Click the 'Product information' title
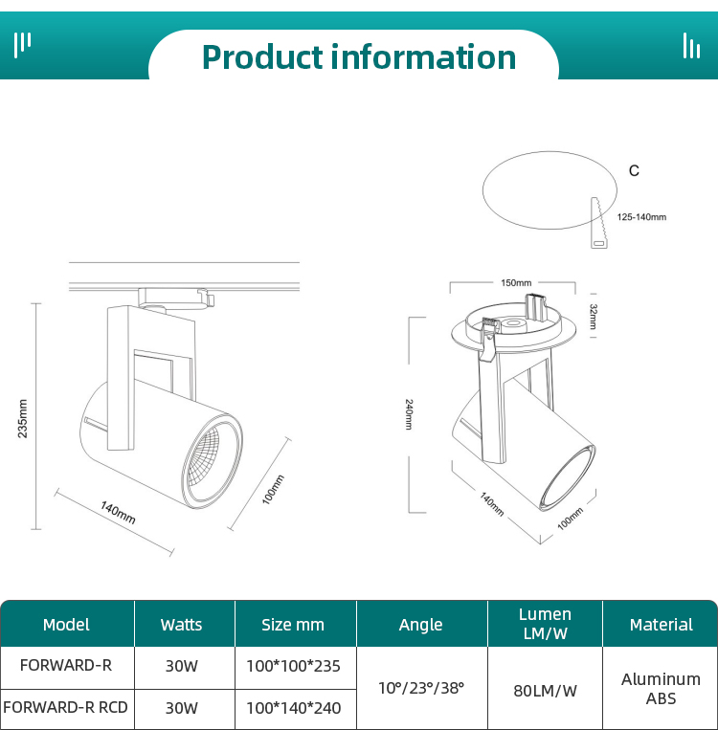[358, 57]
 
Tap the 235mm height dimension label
[24, 417]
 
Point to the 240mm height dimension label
[409, 413]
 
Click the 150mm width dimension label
[515, 282]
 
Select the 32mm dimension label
[593, 315]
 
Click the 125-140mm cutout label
[640, 217]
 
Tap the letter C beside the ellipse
[634, 170]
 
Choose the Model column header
[66, 625]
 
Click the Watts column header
[181, 625]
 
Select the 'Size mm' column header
[293, 625]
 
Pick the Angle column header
[420, 625]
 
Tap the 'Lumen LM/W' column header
[545, 624]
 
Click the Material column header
[661, 625]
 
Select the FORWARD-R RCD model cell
[66, 708]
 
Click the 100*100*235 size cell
[293, 666]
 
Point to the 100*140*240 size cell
[293, 708]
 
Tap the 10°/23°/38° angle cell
[420, 687]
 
